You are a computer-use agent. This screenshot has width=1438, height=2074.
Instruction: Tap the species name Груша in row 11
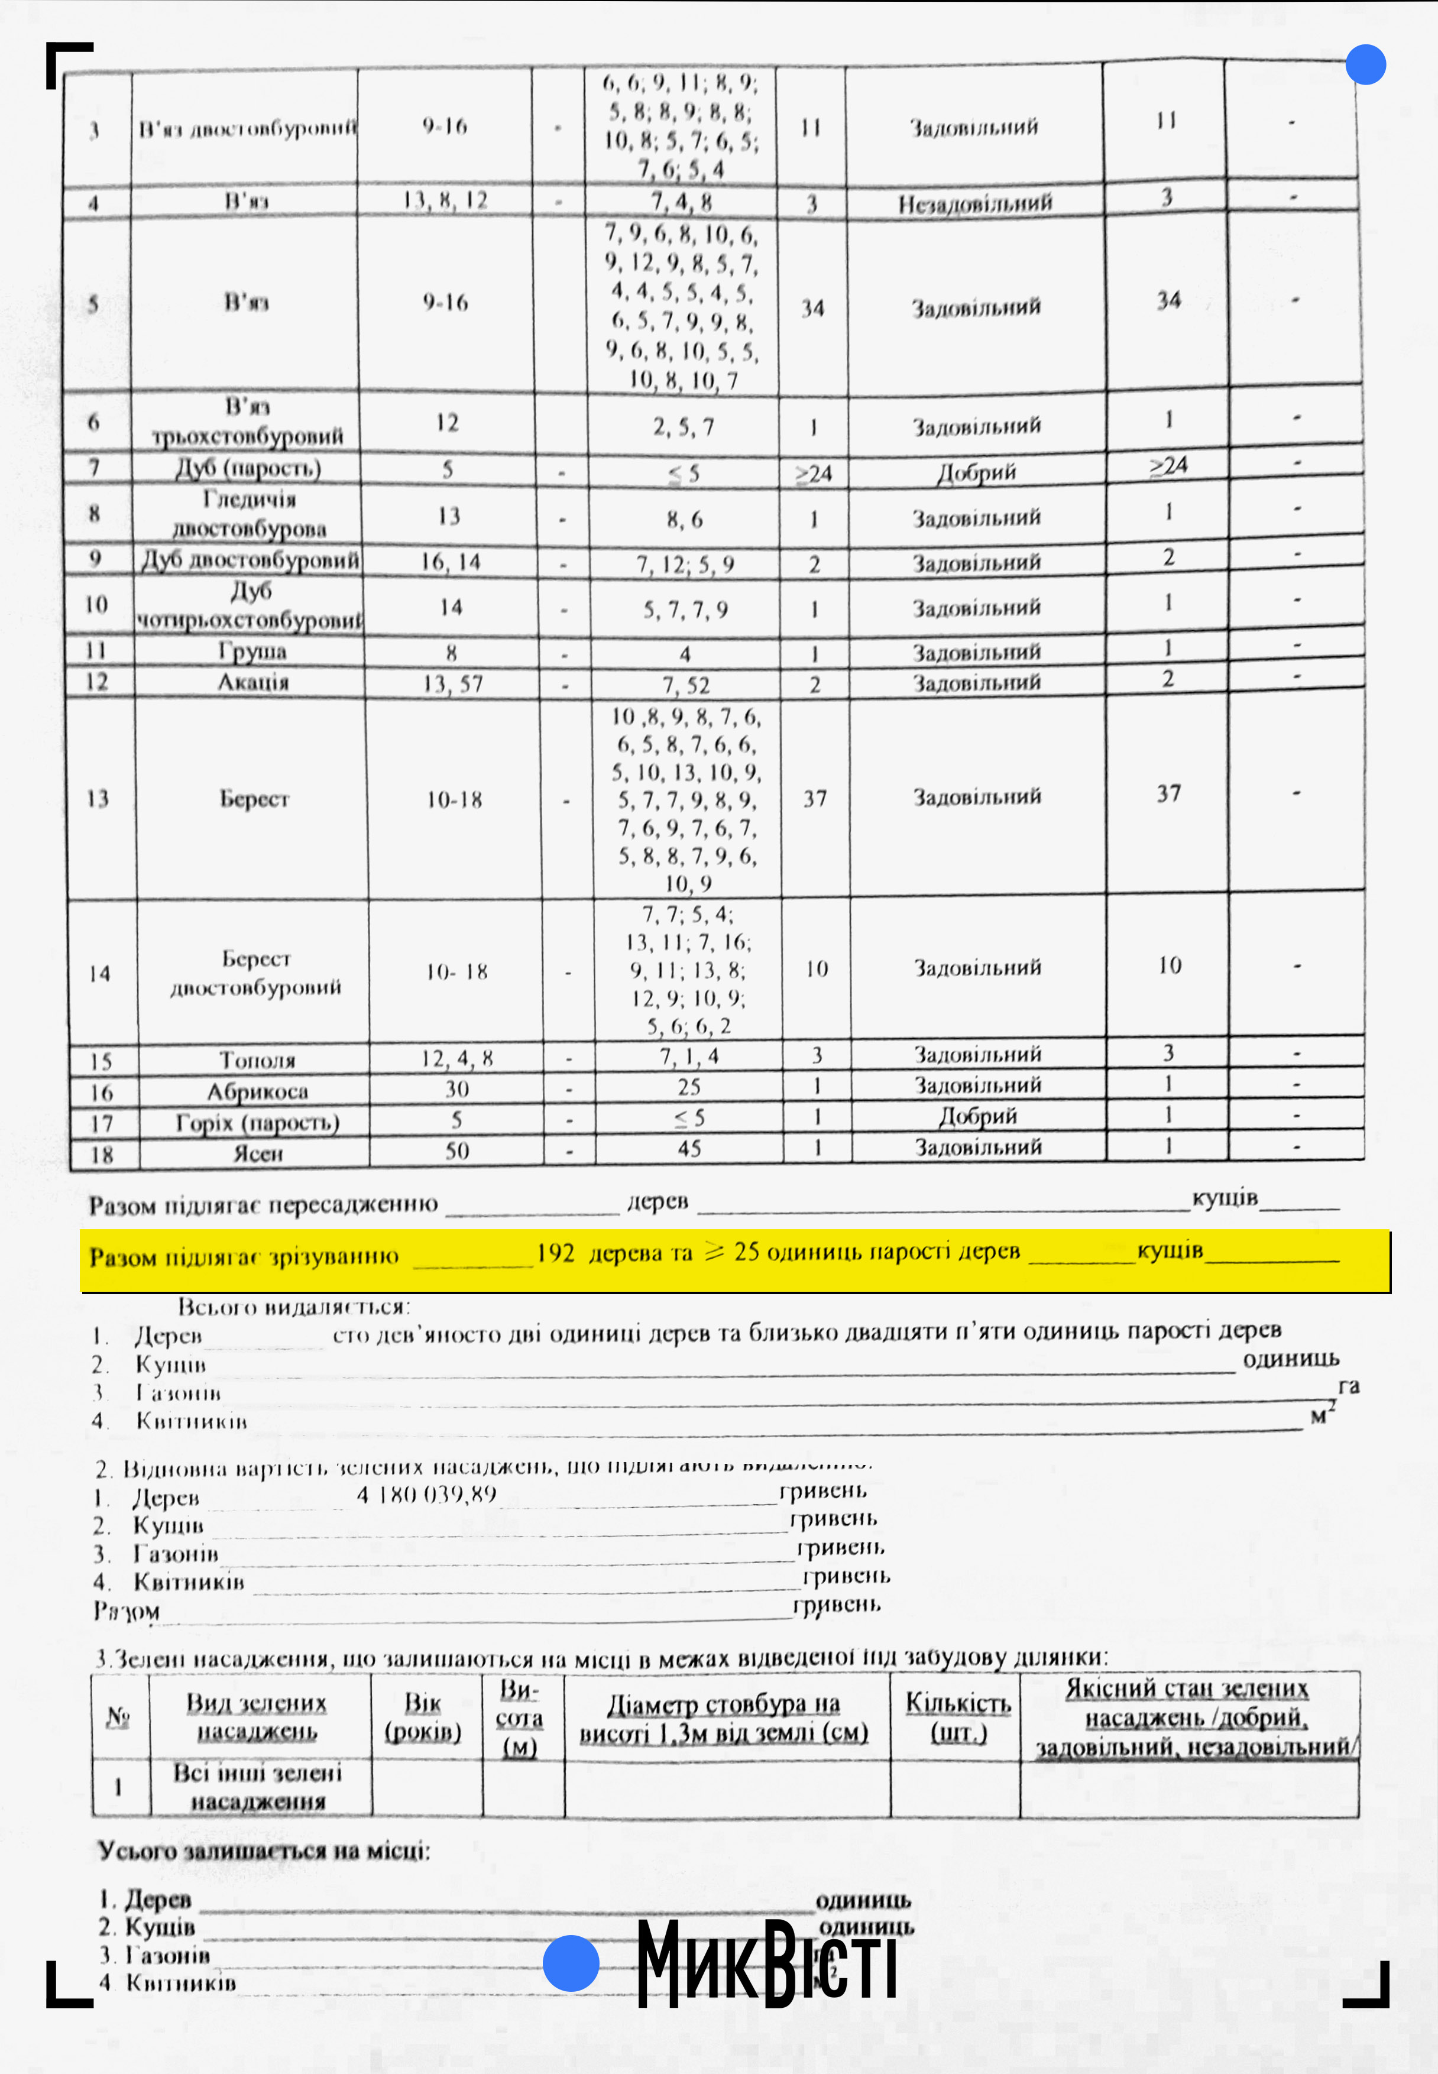pyautogui.click(x=252, y=650)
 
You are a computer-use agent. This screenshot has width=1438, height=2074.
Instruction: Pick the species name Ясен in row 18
pyautogui.click(x=258, y=1153)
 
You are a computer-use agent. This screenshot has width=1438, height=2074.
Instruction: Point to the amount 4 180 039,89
pyautogui.click(x=426, y=1494)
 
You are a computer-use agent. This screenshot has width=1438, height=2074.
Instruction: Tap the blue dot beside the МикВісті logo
pyautogui.click(x=571, y=1962)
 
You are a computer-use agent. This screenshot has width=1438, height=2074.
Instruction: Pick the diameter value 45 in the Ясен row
pyautogui.click(x=689, y=1149)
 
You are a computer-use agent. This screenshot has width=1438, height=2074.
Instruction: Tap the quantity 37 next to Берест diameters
pyautogui.click(x=815, y=798)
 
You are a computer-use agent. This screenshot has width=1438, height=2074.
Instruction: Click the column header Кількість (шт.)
pyautogui.click(x=958, y=1717)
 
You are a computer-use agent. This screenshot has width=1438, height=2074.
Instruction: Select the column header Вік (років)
pyautogui.click(x=423, y=1717)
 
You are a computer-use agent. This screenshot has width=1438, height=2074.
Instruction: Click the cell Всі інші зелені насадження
pyautogui.click(x=258, y=1787)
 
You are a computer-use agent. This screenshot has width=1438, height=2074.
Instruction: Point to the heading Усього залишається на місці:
pyautogui.click(x=264, y=1852)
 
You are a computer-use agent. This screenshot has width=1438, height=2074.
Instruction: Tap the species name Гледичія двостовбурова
pyautogui.click(x=250, y=514)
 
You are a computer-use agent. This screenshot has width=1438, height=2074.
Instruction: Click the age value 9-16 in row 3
pyautogui.click(x=445, y=126)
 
